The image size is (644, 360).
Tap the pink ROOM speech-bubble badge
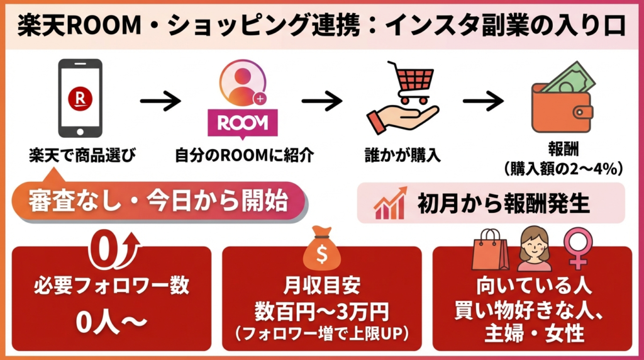(x=242, y=122)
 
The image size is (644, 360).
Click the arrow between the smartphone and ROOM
(x=160, y=101)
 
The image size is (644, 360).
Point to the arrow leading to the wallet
(x=483, y=101)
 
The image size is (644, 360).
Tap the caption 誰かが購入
(x=402, y=155)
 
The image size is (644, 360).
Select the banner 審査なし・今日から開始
(x=158, y=202)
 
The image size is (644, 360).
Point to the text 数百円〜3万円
(x=321, y=311)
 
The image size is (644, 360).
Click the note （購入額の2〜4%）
(x=563, y=168)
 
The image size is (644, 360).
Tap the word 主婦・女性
(x=531, y=330)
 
